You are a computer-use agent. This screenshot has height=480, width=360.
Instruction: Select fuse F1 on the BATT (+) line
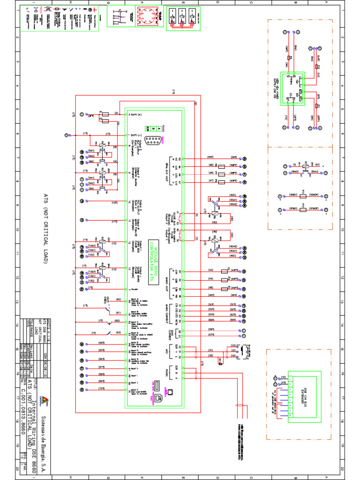pos(105,114)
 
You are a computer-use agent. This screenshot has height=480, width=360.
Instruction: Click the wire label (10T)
pos(114,202)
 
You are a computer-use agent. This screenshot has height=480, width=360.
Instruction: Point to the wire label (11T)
pos(114,221)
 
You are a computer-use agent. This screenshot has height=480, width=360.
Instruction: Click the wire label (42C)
pos(232,195)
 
